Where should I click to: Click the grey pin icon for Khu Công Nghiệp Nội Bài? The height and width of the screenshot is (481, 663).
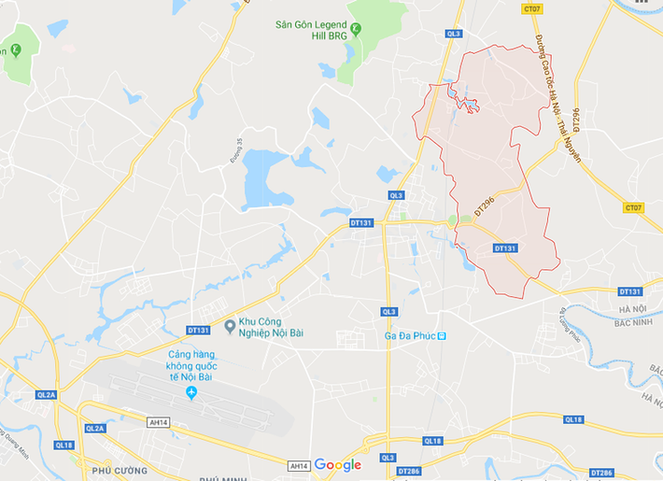coord(230,326)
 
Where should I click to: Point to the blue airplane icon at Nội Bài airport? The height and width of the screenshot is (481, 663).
coord(191,391)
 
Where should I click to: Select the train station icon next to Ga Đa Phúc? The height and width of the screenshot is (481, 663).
coord(443,336)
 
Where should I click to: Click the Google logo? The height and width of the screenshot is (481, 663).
coord(337,464)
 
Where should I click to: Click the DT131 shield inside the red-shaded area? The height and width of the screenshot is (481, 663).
coord(504,248)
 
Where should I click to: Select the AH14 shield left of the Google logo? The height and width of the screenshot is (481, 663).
coord(299,465)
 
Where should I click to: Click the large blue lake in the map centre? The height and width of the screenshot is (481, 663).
coord(266,179)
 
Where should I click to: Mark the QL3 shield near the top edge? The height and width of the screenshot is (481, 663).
coord(454,33)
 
